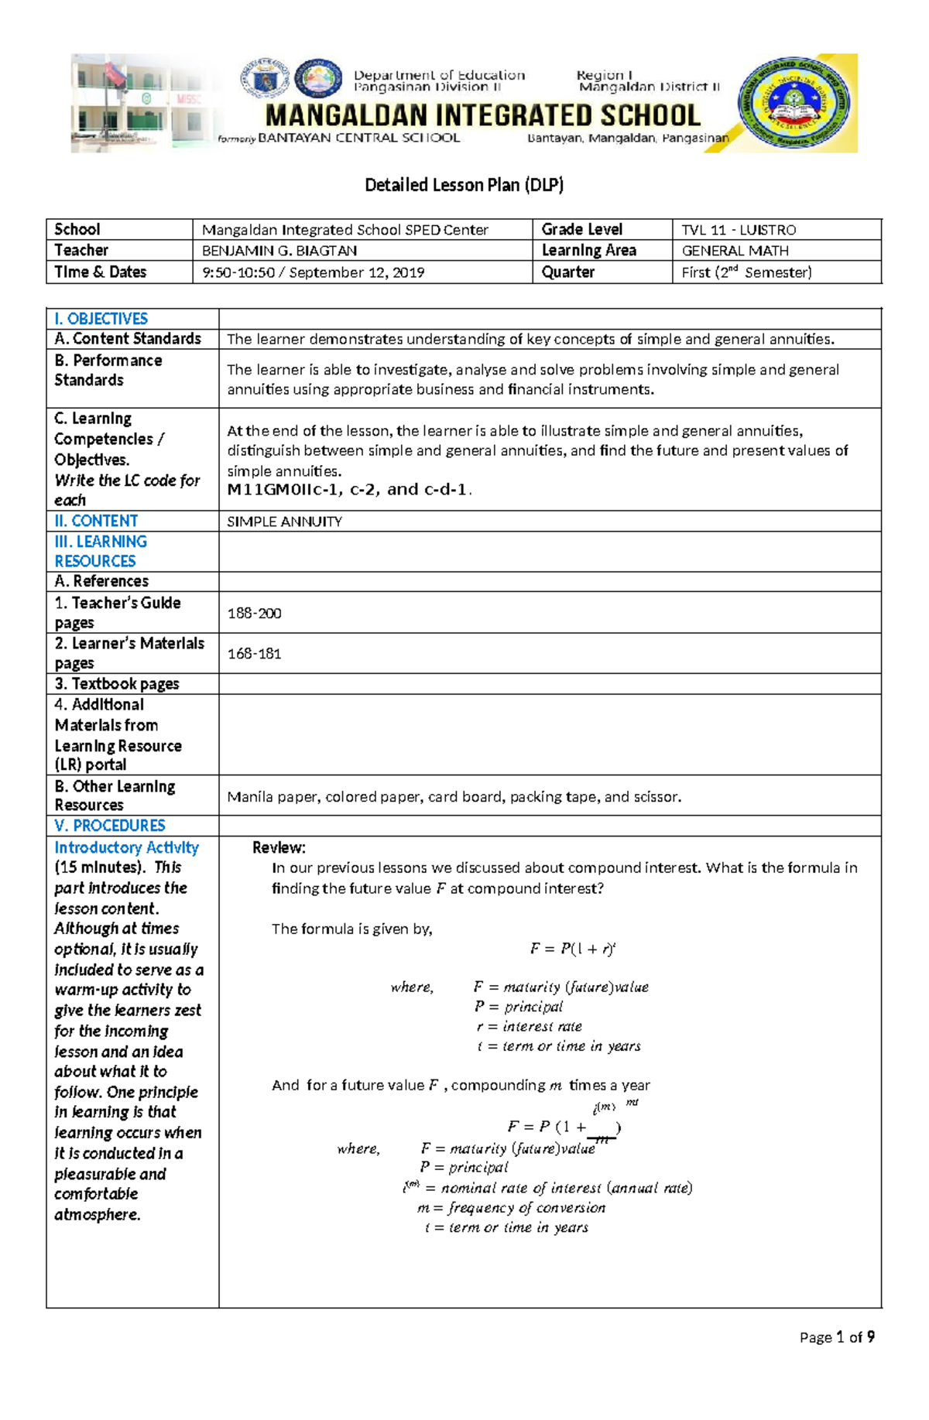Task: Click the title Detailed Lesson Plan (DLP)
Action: pyautogui.click(x=464, y=185)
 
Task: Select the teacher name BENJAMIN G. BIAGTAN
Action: pyautogui.click(x=279, y=251)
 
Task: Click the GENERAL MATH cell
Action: pyautogui.click(x=735, y=251)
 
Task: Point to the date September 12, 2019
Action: pyautogui.click(x=356, y=272)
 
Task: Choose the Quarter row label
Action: pyautogui.click(x=568, y=272)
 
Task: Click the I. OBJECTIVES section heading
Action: pyautogui.click(x=101, y=319)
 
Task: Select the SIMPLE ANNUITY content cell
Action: pyautogui.click(x=284, y=522)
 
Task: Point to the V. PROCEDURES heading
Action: pyautogui.click(x=109, y=826)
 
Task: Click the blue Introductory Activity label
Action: pyautogui.click(x=126, y=847)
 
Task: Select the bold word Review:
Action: pyautogui.click(x=279, y=847)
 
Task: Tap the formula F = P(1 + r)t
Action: pyautogui.click(x=572, y=949)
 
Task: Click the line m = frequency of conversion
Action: pyautogui.click(x=511, y=1208)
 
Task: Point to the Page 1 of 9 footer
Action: pyautogui.click(x=837, y=1337)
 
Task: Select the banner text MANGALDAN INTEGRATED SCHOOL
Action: pyautogui.click(x=482, y=116)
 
